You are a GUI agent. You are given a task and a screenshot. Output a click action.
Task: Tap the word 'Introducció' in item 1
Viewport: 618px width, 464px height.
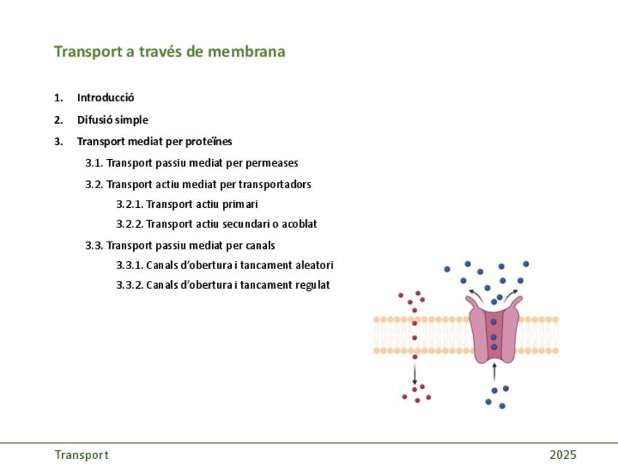point(106,98)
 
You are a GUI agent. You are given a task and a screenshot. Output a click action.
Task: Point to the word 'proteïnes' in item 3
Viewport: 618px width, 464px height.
point(208,142)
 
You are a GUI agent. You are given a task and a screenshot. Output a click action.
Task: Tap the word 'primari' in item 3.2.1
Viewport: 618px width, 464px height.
point(240,204)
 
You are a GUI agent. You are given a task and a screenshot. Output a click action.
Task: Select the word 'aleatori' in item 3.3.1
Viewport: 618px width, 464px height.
point(313,265)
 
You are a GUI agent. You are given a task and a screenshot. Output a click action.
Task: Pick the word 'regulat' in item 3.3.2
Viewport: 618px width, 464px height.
point(312,285)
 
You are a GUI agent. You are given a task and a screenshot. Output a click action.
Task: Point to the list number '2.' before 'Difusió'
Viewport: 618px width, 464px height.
point(58,120)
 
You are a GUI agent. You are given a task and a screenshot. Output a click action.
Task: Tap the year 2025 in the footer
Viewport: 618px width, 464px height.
point(563,455)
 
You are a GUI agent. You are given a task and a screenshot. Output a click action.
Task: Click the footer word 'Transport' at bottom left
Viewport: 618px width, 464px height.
point(81,455)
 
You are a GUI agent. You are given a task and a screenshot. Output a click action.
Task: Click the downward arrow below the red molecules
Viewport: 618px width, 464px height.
point(415,374)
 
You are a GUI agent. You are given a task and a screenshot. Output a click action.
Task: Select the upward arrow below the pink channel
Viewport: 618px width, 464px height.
point(494,372)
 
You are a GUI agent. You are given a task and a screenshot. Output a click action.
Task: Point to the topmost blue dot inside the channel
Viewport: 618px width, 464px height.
point(493,322)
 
